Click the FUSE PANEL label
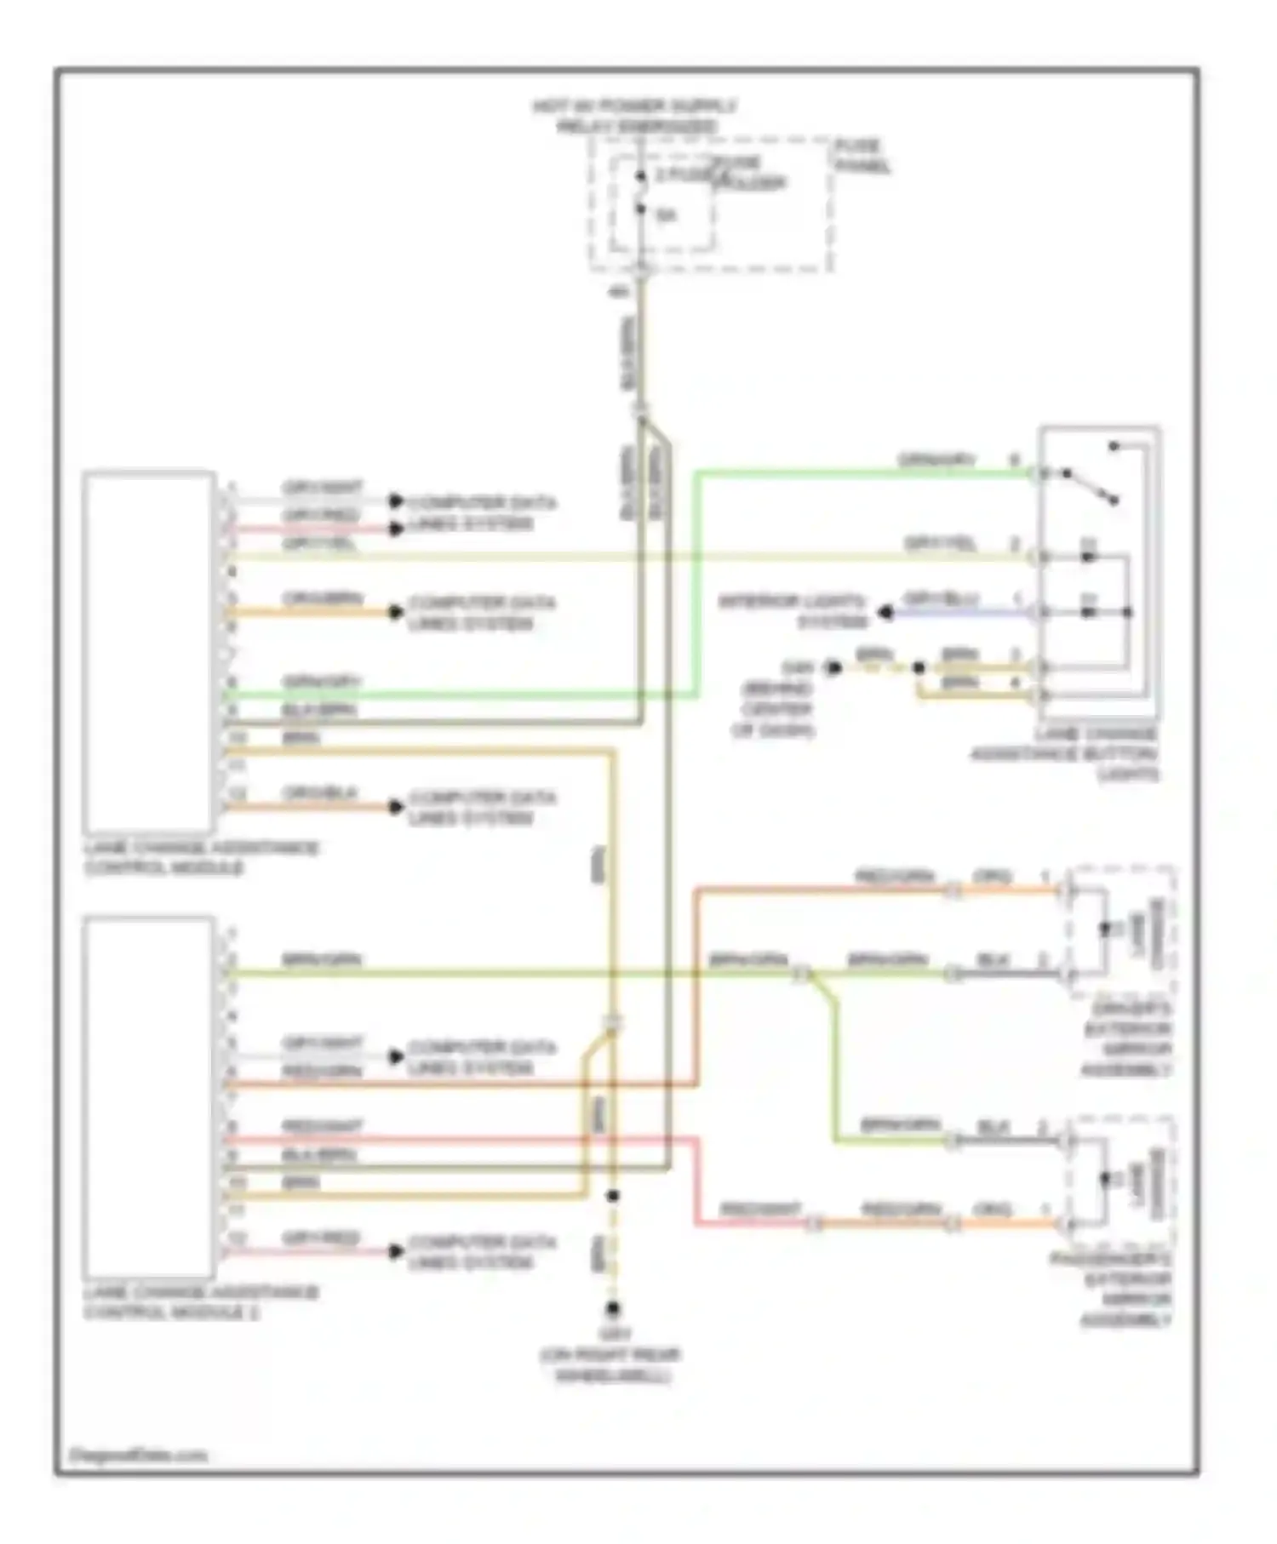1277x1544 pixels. tap(861, 156)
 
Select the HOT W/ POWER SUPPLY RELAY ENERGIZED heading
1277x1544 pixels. tap(634, 117)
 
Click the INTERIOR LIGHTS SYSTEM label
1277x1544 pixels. tap(793, 611)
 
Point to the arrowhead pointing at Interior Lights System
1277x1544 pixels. tap(885, 612)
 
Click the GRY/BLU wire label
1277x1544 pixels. tap(941, 598)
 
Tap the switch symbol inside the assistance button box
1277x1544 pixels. tap(1091, 485)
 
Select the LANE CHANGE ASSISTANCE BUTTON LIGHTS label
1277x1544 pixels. tap(1064, 754)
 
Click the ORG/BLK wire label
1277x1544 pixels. tap(320, 792)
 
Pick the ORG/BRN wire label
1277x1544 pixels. tap(323, 598)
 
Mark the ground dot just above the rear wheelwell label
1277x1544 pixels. tap(612, 1309)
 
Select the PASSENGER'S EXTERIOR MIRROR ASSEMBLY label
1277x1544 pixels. tap(1112, 1290)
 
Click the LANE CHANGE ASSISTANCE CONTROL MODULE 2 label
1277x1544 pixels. tap(201, 1302)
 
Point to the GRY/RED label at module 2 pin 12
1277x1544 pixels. tap(320, 1238)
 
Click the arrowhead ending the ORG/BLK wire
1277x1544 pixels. tap(396, 806)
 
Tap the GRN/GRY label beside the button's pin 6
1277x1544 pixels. tap(936, 460)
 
